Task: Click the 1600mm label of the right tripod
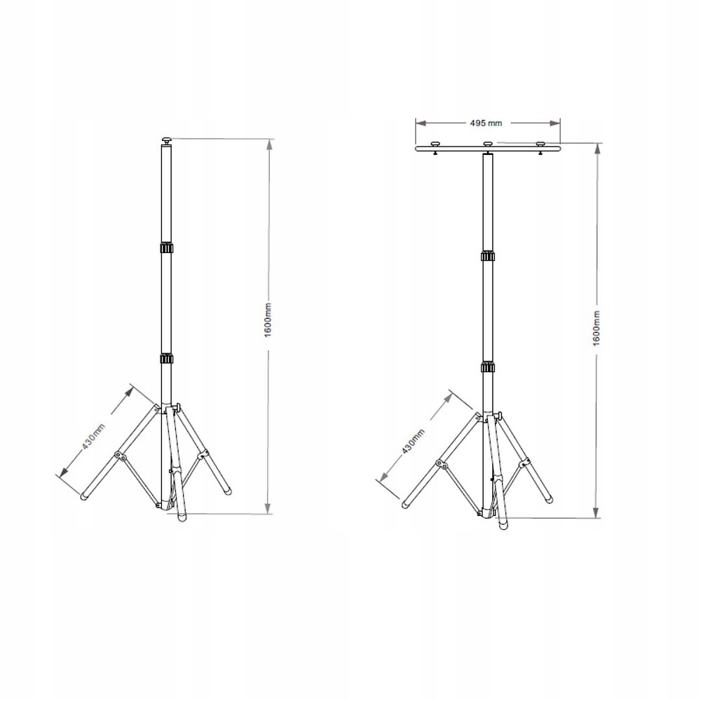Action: coord(596,327)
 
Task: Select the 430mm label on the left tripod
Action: coord(94,435)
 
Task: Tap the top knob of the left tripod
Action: coord(166,141)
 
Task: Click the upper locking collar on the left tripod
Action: coord(166,250)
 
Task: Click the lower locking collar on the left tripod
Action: coord(166,359)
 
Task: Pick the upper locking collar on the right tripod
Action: coord(488,257)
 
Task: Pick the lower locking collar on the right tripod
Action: coord(488,367)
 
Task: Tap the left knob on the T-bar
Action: coord(435,145)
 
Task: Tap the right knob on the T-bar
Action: coord(540,145)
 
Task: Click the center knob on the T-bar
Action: coord(488,145)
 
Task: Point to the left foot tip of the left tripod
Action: coord(84,497)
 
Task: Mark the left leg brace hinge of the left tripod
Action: coord(120,458)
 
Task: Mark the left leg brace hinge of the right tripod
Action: coord(440,463)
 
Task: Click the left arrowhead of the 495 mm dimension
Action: coord(418,123)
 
